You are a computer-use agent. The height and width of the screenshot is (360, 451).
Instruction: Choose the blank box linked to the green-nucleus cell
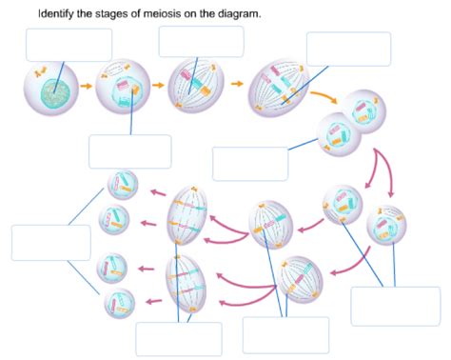pyautogui.click(x=69, y=45)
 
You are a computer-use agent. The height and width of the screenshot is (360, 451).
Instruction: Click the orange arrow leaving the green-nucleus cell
pyautogui.click(x=85, y=86)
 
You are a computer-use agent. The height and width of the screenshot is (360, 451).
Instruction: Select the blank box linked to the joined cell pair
pyautogui.click(x=250, y=163)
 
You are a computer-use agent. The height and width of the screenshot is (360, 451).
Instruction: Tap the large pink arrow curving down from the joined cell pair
pyautogui.click(x=386, y=168)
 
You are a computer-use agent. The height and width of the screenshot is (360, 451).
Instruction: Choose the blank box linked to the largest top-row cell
pyautogui.click(x=348, y=49)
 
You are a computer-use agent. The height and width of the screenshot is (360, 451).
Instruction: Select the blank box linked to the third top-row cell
pyautogui.click(x=201, y=41)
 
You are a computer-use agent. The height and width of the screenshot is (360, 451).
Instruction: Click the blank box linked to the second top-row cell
pyautogui.click(x=129, y=151)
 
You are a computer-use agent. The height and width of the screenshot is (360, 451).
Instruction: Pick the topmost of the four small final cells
pyautogui.click(x=123, y=185)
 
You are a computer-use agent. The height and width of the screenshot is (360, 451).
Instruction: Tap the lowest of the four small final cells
pyautogui.click(x=120, y=303)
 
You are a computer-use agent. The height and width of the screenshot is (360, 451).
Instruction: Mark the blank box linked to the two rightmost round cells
pyautogui.click(x=395, y=306)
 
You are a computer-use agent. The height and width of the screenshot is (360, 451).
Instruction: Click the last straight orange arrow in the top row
pyautogui.click(x=237, y=85)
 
